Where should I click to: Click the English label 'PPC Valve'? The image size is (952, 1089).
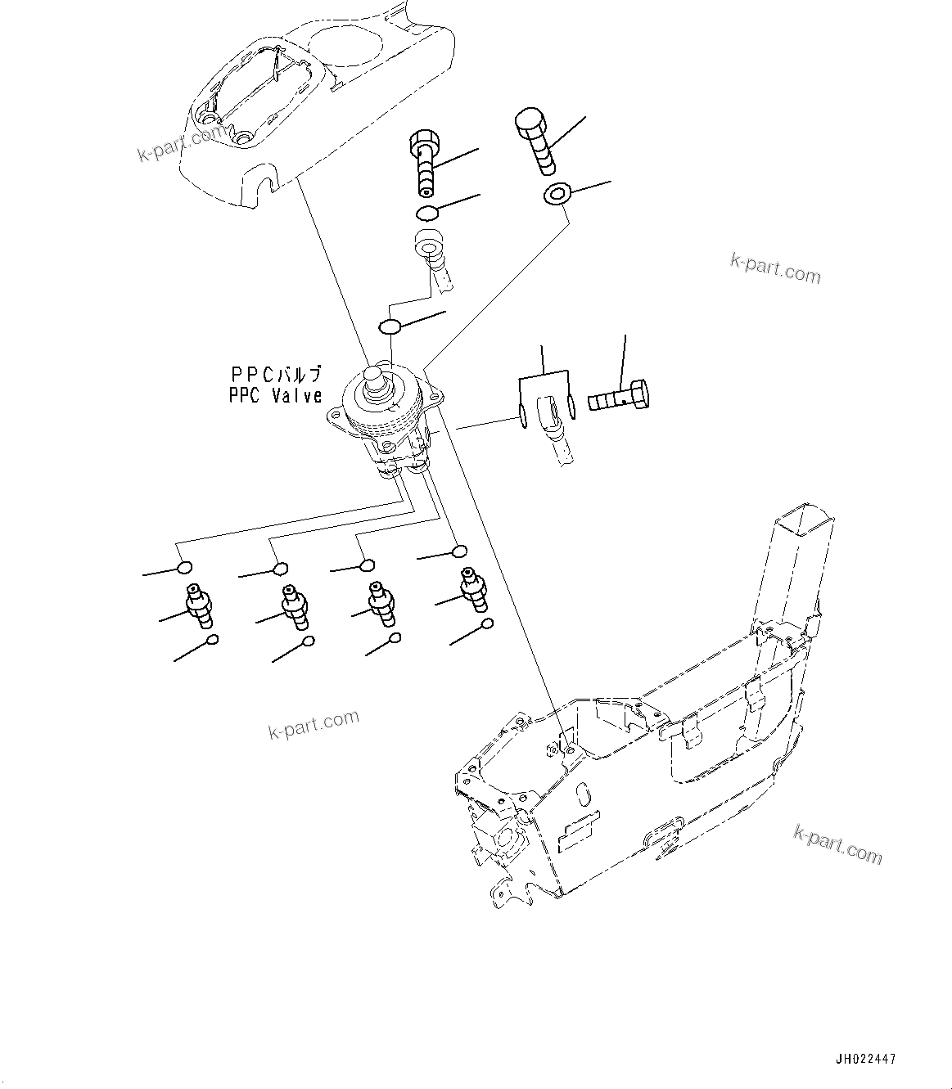[276, 395]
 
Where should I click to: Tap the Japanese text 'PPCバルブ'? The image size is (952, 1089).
[276, 374]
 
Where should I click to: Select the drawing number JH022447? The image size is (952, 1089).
[867, 1059]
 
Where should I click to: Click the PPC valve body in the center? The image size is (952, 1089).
[383, 417]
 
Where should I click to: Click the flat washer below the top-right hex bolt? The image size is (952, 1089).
[557, 196]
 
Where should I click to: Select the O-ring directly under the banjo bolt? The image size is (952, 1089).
[426, 214]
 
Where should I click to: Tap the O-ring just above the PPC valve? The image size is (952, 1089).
[390, 326]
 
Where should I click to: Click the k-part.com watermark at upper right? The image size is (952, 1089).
[774, 268]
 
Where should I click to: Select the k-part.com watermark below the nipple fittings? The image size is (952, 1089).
[314, 722]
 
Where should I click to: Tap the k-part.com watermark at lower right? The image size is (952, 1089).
[837, 844]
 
